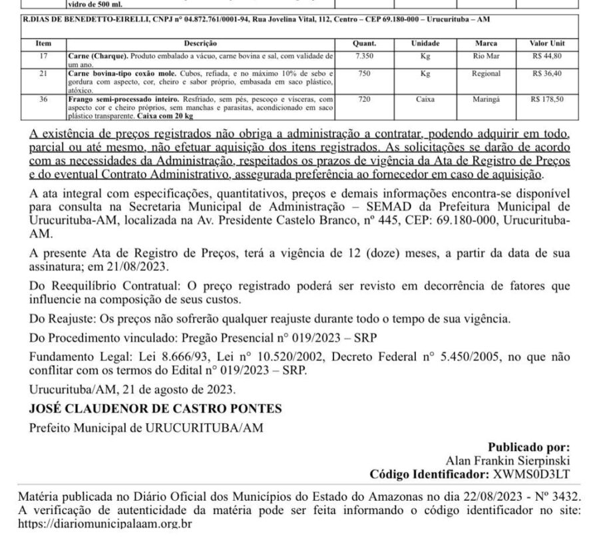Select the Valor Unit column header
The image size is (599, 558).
(548, 43)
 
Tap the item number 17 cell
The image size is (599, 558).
(43, 55)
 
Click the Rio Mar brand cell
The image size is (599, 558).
(486, 55)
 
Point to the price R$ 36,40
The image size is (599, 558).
(548, 73)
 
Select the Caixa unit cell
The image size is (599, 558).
(425, 98)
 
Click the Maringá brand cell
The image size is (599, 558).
(486, 98)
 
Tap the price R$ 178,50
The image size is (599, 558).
(548, 98)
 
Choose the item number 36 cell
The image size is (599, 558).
(43, 98)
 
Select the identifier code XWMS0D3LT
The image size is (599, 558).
(531, 474)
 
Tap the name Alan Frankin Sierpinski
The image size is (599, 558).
(508, 461)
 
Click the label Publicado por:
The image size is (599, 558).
(528, 448)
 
